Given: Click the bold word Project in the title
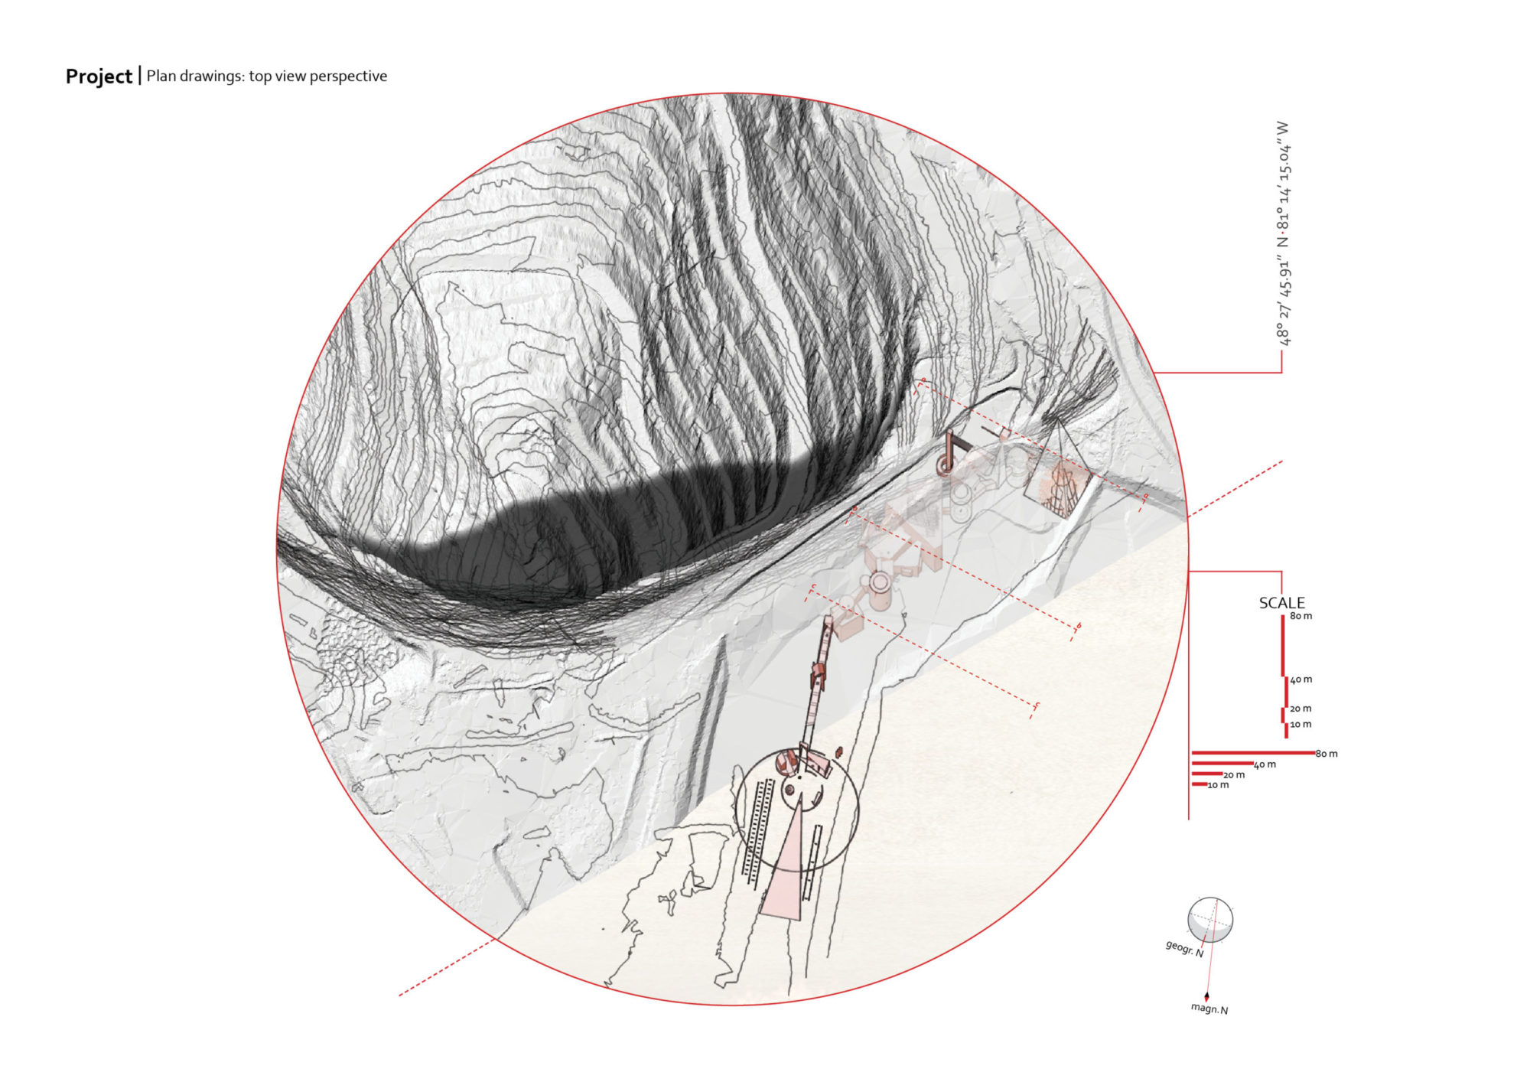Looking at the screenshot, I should click(x=99, y=77).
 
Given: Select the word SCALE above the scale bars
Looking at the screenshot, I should click(x=1281, y=603).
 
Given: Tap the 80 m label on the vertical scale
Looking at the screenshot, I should click(x=1300, y=616).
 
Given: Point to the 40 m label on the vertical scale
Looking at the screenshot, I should click(x=1300, y=680).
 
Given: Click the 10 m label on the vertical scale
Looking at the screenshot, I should click(x=1300, y=724).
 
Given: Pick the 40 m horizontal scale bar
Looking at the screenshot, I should click(x=1222, y=763).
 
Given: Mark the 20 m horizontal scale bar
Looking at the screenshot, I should click(x=1207, y=774).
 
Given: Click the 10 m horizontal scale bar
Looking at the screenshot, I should click(x=1200, y=784).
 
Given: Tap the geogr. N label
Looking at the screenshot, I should click(x=1184, y=949).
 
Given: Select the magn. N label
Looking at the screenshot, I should click(x=1209, y=1009).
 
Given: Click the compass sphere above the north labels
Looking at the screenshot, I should click(x=1209, y=920).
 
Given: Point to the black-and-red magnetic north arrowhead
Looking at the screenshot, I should click(x=1206, y=996).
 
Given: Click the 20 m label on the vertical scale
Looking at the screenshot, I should click(x=1300, y=709).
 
